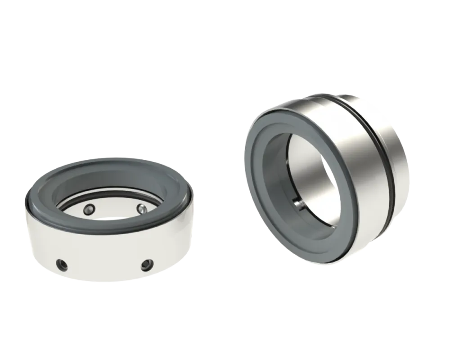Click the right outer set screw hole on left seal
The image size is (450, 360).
pyautogui.click(x=146, y=265)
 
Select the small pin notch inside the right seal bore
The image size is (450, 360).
pyautogui.click(x=298, y=203)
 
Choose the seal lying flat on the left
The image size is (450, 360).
pyautogui.click(x=108, y=220)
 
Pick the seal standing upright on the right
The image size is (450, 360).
pyautogui.click(x=326, y=180)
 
